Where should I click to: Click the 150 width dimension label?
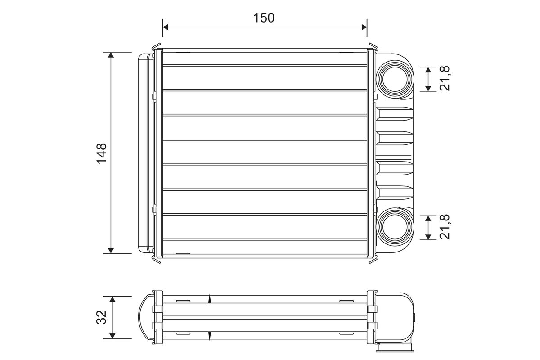click(264, 18)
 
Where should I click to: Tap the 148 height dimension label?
click(102, 153)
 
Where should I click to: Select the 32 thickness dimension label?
click(102, 317)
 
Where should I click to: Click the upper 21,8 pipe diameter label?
click(444, 78)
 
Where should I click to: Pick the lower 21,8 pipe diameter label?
click(444, 227)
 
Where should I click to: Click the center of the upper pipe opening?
click(395, 79)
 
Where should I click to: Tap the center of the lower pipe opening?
click(395, 227)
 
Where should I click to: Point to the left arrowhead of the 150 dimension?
click(166, 27)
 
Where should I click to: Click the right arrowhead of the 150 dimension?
click(364, 27)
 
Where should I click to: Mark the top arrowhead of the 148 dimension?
click(111, 55)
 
